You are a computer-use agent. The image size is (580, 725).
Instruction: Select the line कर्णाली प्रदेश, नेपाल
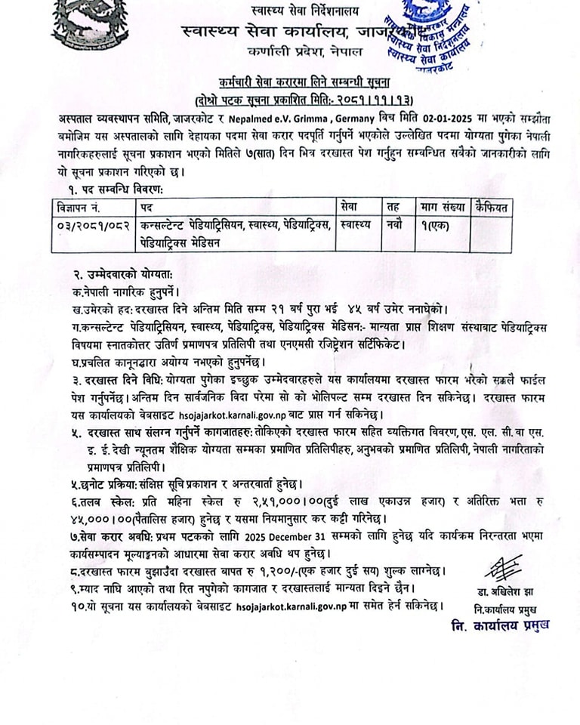tap(305, 52)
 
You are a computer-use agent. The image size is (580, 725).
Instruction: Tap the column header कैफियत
tap(491, 205)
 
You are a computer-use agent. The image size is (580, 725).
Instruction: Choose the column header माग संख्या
tap(440, 205)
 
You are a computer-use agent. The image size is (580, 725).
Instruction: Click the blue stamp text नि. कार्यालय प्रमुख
tap(500, 625)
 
